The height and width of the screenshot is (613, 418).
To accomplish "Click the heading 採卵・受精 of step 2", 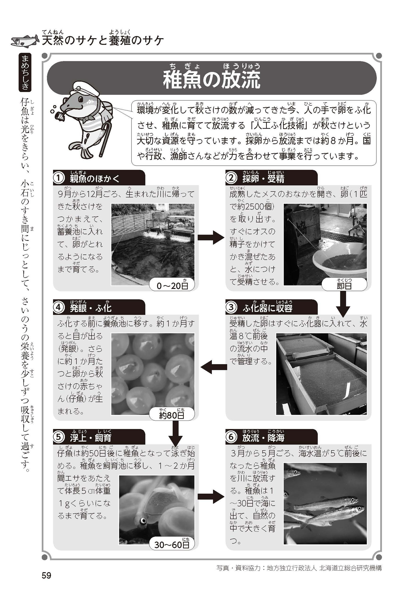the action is click(x=263, y=179).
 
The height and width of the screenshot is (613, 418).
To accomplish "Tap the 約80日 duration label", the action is click(x=172, y=415).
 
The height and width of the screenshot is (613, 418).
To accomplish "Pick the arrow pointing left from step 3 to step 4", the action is click(x=214, y=367).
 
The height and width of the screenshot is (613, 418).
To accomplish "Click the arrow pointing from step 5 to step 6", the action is click(x=211, y=497).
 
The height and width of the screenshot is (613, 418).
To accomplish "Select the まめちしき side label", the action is click(x=25, y=73).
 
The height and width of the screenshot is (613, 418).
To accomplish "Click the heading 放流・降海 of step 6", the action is click(x=263, y=438).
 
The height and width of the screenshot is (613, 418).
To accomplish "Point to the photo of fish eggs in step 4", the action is click(x=153, y=374).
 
